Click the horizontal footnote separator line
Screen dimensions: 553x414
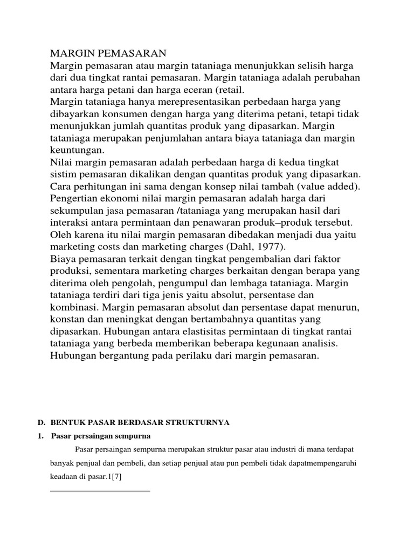[100, 490]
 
